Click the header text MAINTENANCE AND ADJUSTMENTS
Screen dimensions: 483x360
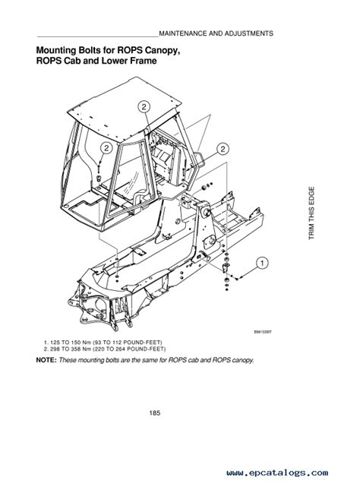point(216,34)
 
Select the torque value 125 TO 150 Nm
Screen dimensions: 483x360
point(71,342)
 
